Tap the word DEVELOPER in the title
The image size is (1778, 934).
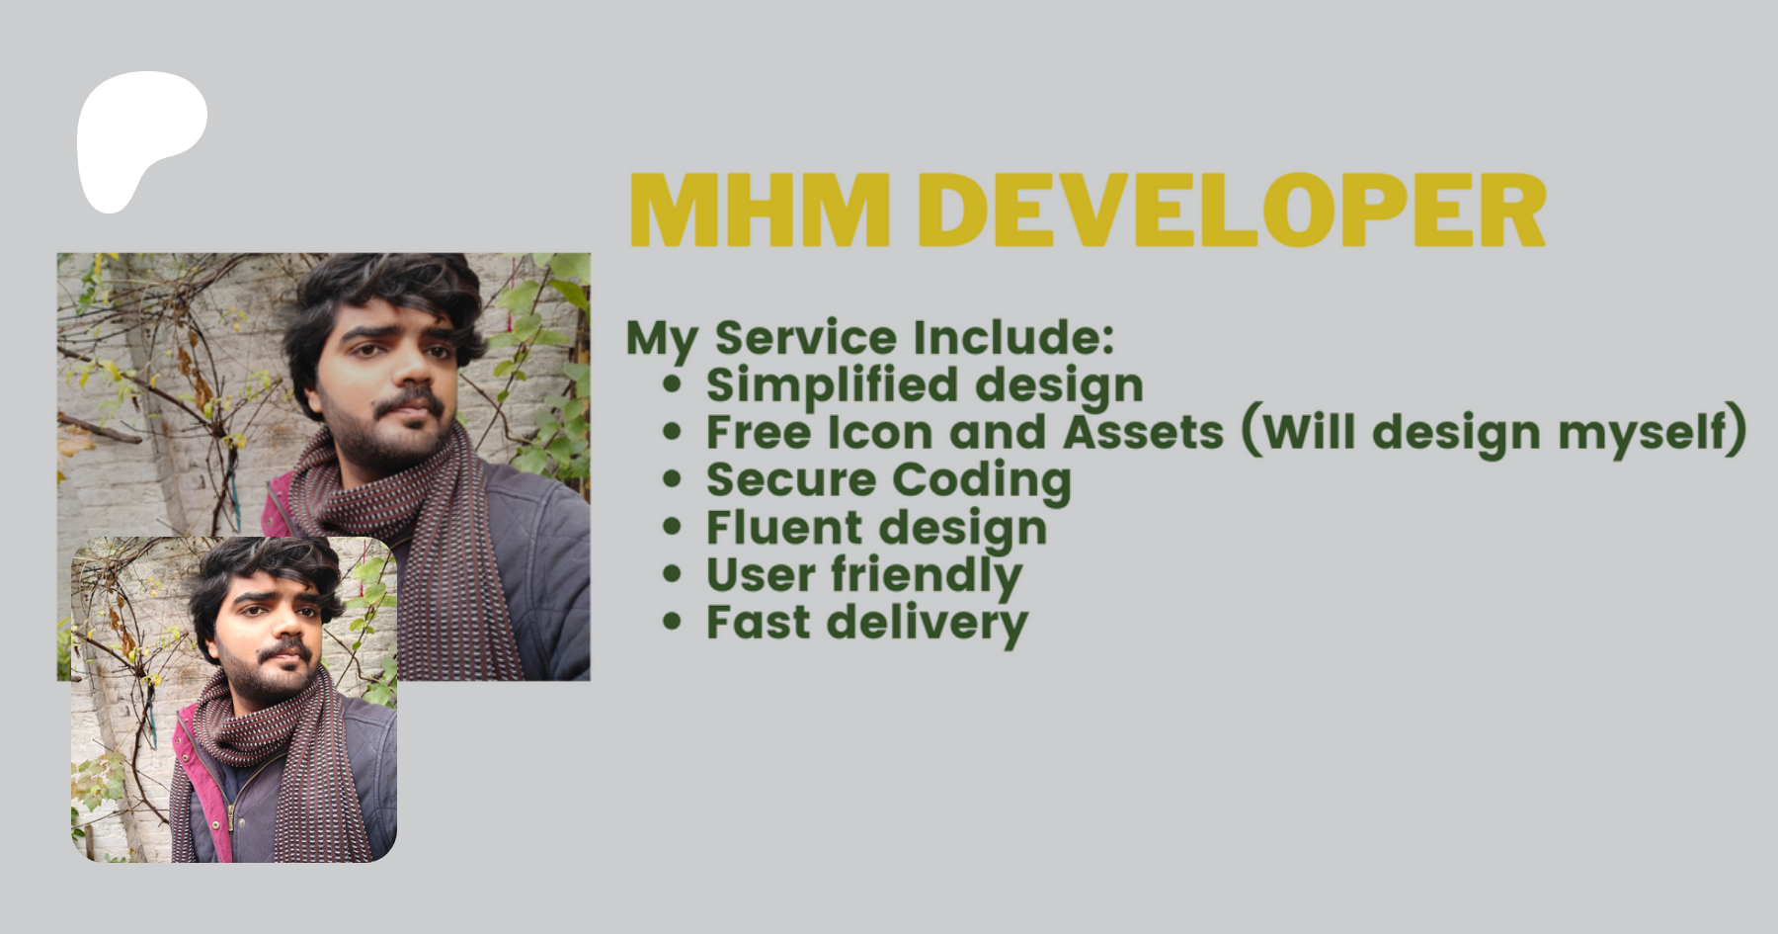(1232, 211)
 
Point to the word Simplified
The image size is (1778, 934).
(832, 385)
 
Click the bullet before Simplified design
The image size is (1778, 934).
(673, 384)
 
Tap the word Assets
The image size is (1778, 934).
(1143, 433)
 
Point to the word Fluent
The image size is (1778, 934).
(783, 528)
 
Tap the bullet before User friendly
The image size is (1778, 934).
(673, 574)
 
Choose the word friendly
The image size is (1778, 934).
(927, 576)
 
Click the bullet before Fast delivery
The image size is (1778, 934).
(673, 622)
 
